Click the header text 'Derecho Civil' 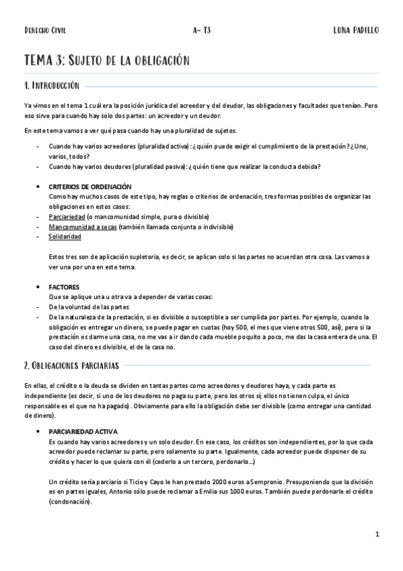[x=45, y=30]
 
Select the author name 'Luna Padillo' [x=356, y=30]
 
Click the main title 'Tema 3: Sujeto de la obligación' [x=107, y=61]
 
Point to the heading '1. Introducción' [x=52, y=87]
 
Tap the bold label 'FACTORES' [x=64, y=287]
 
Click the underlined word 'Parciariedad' [x=67, y=217]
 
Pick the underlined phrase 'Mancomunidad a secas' [x=82, y=227]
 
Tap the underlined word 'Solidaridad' [x=65, y=237]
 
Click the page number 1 [x=377, y=534]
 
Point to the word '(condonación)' [x=71, y=502]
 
